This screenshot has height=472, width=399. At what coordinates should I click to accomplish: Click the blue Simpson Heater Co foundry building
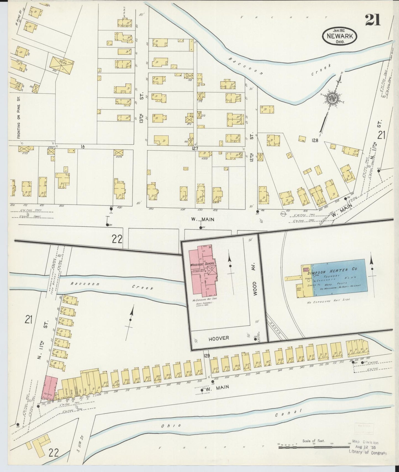coord(338,278)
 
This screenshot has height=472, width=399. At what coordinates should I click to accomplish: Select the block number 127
coord(196,148)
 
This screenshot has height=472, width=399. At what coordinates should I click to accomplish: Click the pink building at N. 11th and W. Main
coord(51,388)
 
